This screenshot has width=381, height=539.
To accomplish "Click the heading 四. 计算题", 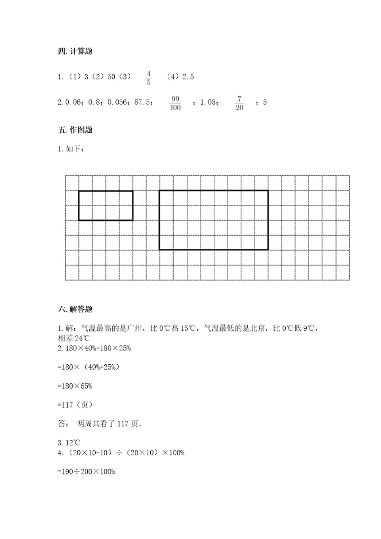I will [75, 51].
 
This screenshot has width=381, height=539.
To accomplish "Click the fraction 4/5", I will [149, 77].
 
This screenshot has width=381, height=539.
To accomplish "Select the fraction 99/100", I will [176, 103].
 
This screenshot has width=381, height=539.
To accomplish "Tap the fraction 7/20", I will [240, 103].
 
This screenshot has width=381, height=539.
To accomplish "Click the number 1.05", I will [208, 103].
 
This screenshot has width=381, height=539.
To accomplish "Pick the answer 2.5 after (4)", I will [188, 77].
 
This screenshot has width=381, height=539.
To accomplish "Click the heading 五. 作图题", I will [75, 130].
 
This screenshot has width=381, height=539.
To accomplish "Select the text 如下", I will [74, 149].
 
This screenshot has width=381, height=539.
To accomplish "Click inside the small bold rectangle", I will [106, 205].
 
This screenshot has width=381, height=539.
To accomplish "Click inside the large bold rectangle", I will [214, 220].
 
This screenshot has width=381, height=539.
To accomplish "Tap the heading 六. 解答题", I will [75, 310].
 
